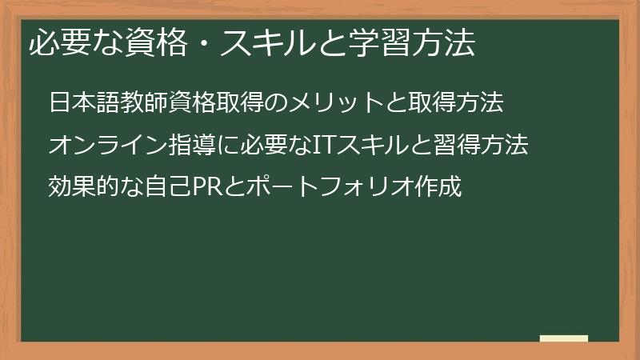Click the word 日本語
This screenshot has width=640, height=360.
(x=83, y=103)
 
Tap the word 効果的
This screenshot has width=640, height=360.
(x=83, y=188)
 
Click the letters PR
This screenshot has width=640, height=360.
(x=201, y=188)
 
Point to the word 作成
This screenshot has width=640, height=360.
(x=441, y=188)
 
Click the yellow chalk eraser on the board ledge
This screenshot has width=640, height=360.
(x=564, y=338)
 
